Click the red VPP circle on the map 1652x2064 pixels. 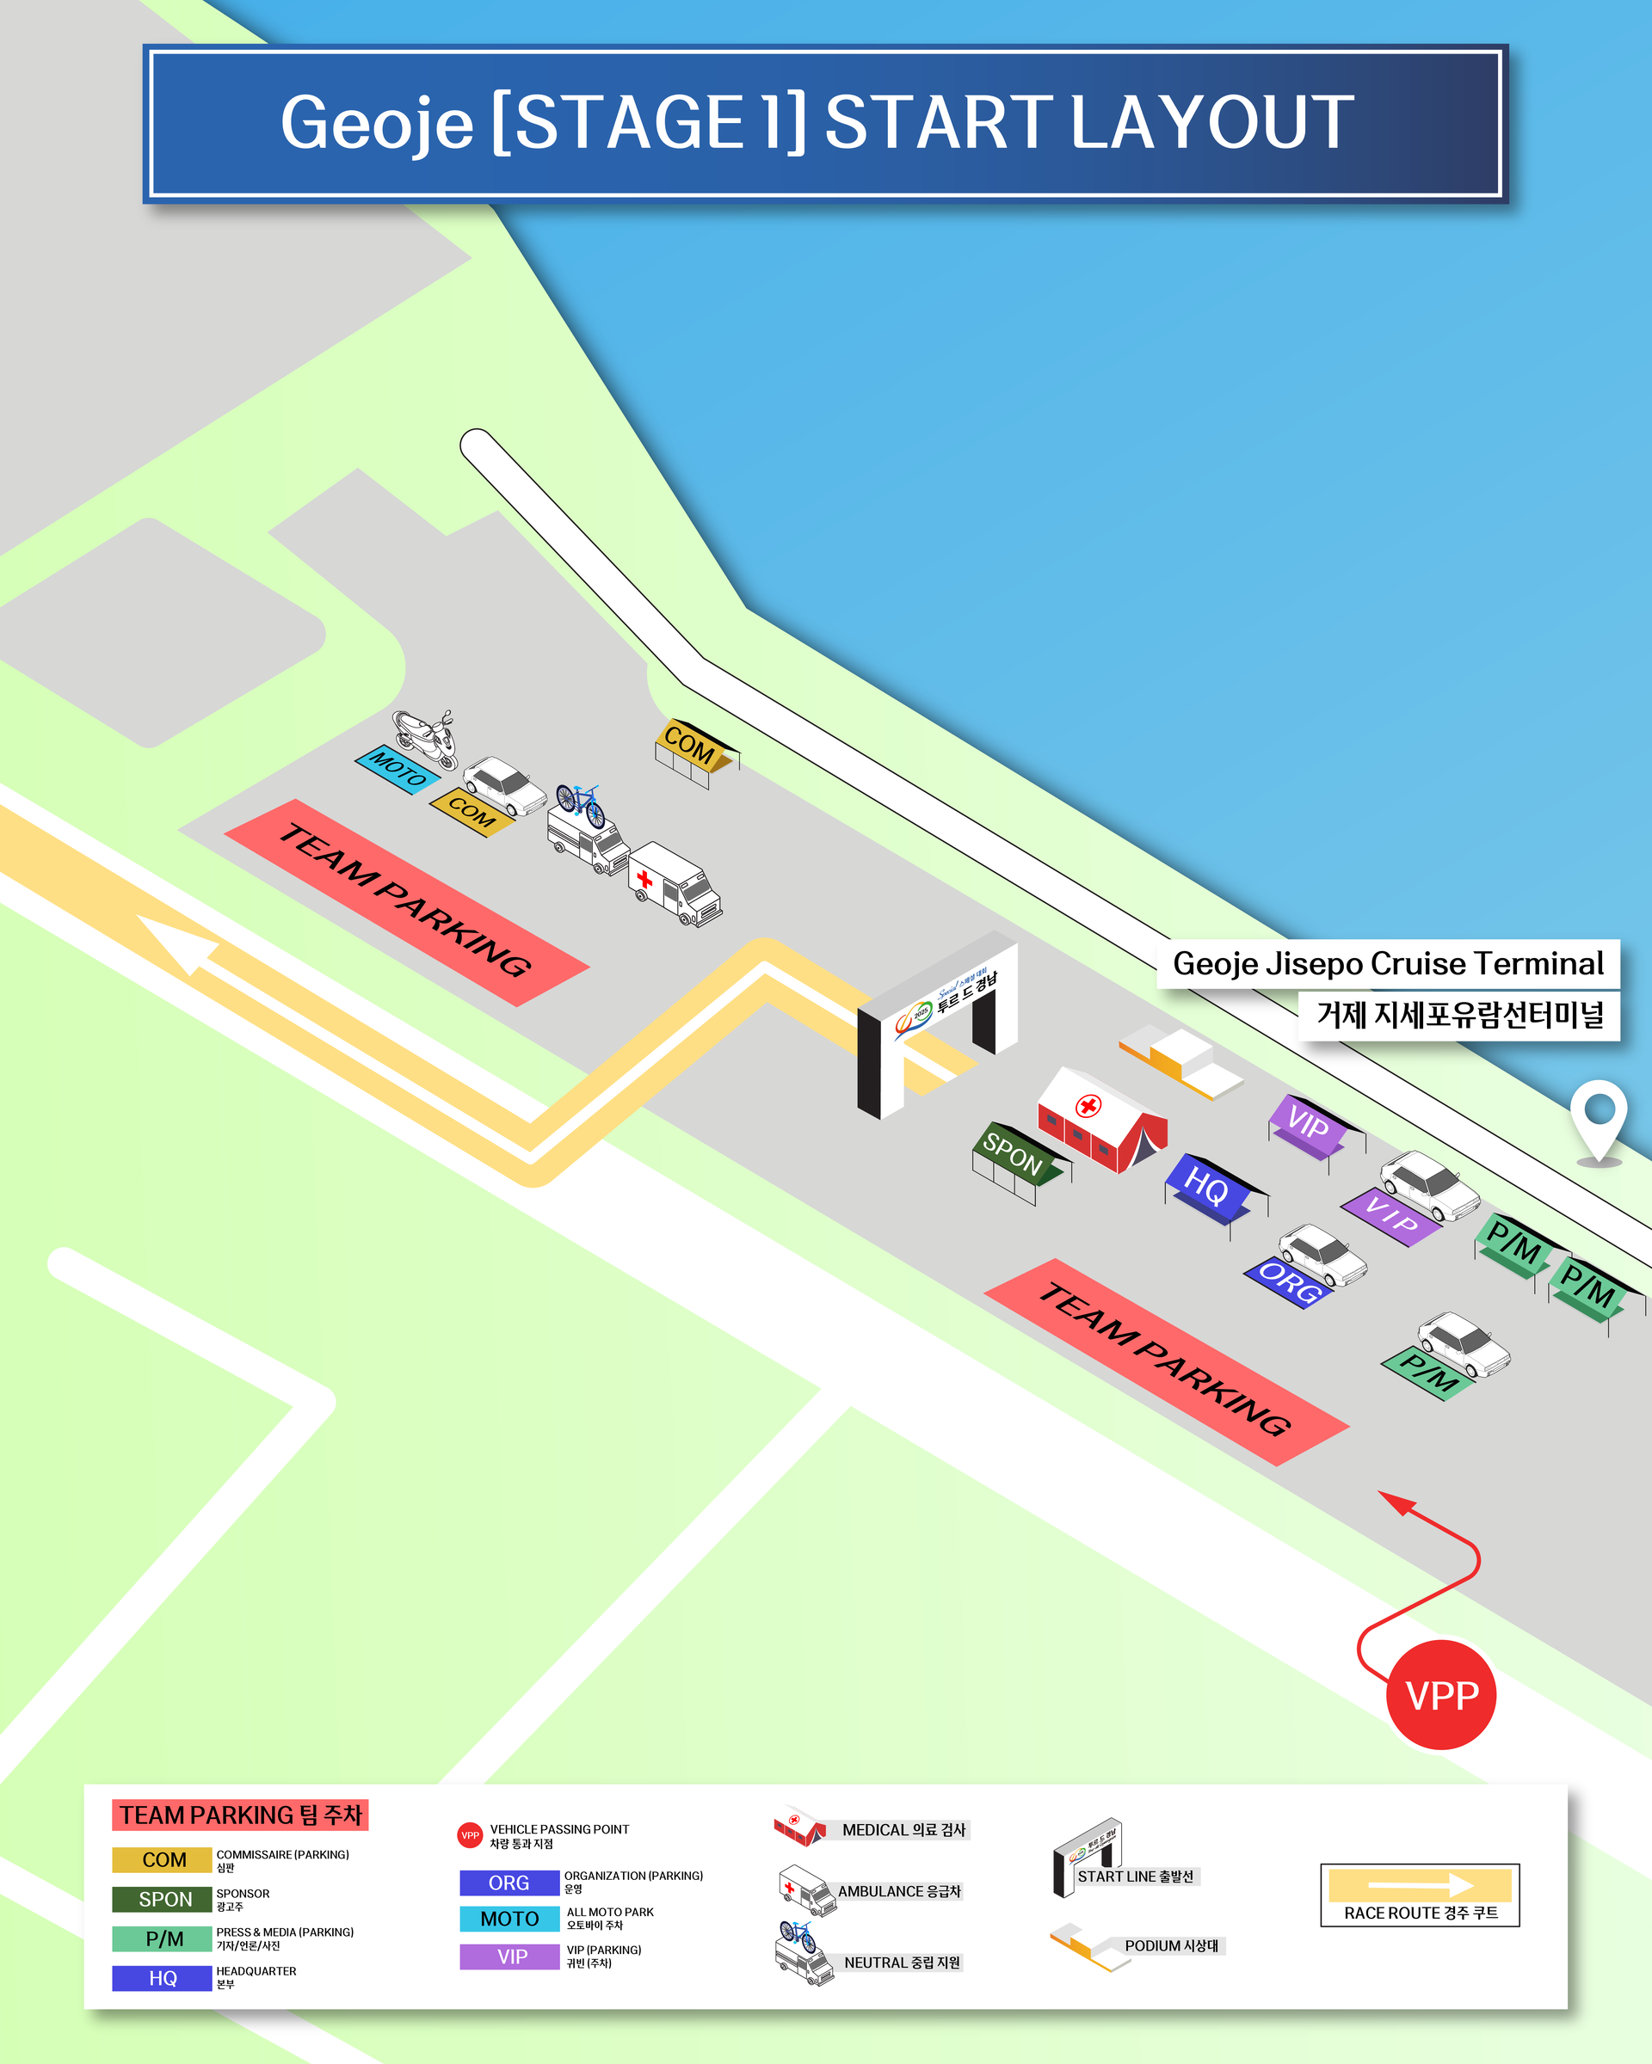point(1440,1694)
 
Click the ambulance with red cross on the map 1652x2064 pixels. point(675,882)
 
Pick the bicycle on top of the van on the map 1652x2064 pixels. point(581,803)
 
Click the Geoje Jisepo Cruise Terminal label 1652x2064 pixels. point(1388,963)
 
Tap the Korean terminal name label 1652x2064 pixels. point(1458,1015)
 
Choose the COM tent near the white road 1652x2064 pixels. point(694,751)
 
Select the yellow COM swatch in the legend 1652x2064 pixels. point(162,1859)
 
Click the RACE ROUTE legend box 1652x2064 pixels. point(1420,1895)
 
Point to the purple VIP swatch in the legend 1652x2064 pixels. point(509,1956)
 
